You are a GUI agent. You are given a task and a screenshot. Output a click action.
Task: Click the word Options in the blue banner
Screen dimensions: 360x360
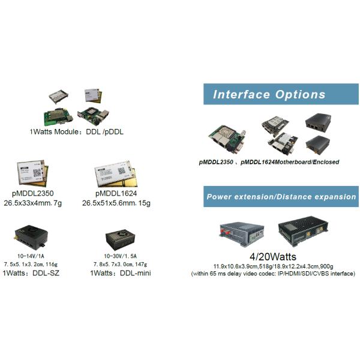point(301,94)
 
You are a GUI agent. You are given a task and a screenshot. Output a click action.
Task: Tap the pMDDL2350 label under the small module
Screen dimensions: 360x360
point(33,193)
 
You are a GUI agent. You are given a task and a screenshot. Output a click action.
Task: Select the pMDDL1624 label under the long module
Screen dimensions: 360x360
point(116,193)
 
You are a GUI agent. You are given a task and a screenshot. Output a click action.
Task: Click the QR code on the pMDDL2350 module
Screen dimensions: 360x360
point(37,173)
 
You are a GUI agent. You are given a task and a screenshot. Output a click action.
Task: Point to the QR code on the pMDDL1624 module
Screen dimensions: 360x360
point(121,171)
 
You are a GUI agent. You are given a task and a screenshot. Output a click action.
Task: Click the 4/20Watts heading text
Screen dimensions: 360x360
point(273,256)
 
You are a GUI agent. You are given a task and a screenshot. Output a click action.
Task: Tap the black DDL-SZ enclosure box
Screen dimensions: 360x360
point(31,237)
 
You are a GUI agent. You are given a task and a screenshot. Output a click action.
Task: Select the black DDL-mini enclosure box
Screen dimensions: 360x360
point(121,239)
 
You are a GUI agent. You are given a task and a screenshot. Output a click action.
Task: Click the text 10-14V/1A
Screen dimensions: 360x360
point(31,256)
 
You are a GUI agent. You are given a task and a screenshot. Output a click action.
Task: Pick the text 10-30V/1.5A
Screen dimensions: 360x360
point(121,256)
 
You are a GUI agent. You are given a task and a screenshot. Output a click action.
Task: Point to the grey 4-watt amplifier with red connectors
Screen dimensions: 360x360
point(242,234)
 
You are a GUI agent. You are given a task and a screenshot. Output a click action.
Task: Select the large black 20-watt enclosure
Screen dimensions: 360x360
point(303,231)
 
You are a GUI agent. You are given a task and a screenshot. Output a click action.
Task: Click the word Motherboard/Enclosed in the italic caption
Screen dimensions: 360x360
point(307,162)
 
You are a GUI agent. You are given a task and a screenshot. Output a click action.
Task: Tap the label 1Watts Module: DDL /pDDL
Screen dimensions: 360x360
point(76,132)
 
